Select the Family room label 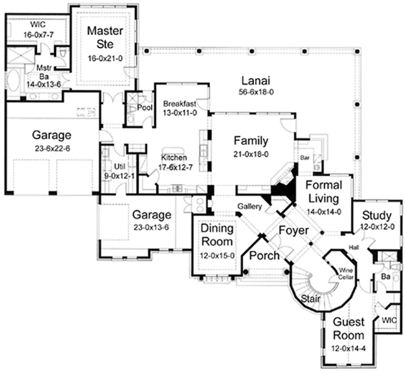[251, 141]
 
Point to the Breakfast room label [180, 103]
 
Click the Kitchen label [174, 158]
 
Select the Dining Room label [217, 235]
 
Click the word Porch [265, 256]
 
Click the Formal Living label [324, 192]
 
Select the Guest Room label [348, 329]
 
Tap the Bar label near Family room [304, 157]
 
